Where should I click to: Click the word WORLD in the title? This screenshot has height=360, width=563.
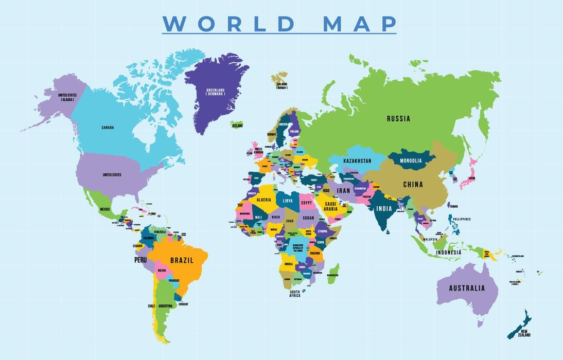229,24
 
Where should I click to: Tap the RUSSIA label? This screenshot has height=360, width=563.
398,119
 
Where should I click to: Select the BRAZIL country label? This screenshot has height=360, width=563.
182,260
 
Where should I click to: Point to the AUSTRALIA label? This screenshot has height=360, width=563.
467,288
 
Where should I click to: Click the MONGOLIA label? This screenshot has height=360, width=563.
411,160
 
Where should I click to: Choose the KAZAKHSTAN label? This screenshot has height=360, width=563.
357,161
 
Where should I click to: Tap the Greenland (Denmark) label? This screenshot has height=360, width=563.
215,92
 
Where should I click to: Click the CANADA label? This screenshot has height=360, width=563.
108,128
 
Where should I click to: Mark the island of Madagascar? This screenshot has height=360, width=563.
333,273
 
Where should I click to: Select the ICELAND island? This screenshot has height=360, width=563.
237,125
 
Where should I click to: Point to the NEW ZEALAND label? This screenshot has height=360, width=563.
524,333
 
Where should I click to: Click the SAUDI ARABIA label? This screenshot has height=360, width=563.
330,206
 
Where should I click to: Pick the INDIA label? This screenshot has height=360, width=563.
384,209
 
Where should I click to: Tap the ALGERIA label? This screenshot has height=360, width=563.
263,200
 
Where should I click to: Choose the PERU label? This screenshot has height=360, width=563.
140,260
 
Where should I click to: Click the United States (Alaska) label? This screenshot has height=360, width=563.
67,97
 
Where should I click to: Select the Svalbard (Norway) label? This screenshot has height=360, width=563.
281,85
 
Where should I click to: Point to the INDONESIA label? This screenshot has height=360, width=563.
448,253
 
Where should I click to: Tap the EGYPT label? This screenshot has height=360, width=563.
306,203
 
